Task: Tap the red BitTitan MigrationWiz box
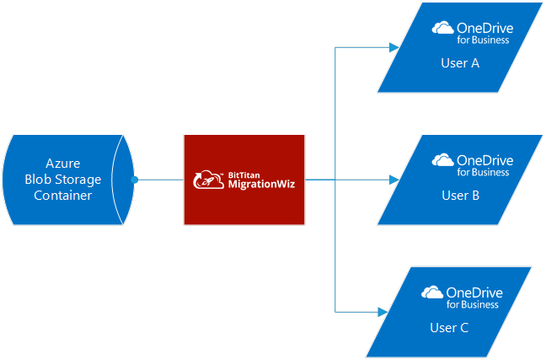(x=244, y=179)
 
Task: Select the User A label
(x=460, y=63)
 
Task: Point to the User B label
(x=460, y=196)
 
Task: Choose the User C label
(x=449, y=328)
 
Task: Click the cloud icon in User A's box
(x=443, y=28)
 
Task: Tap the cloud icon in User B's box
(x=443, y=160)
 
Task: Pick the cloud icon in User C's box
(x=432, y=293)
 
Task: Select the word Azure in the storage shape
(x=62, y=163)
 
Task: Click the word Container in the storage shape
(x=62, y=196)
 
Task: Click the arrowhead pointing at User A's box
(x=394, y=46)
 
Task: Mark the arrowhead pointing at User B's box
(x=394, y=179)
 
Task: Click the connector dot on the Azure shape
(x=134, y=179)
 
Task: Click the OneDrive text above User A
(x=484, y=28)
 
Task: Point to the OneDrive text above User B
(x=484, y=160)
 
